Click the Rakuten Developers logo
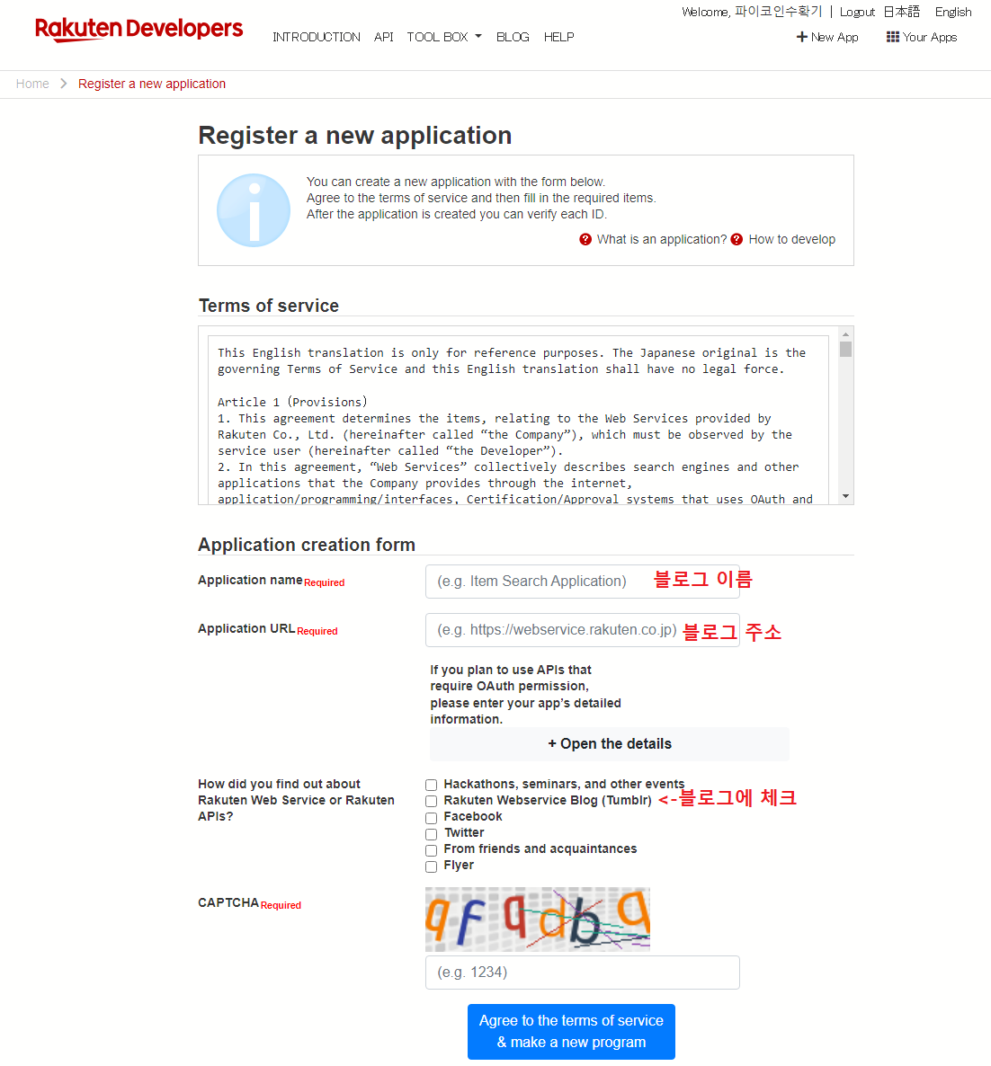pos(138,29)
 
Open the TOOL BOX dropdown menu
pos(443,37)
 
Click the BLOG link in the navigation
pos(513,37)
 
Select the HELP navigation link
pos(558,37)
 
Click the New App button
pos(827,37)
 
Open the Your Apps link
pos(922,37)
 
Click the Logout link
pos(857,12)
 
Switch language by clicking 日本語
pos(901,12)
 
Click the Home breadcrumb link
pos(32,84)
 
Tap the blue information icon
pos(254,210)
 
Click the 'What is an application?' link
pos(661,239)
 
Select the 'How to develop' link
pos(791,239)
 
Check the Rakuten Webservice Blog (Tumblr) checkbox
pos(432,801)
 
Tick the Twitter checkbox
pos(432,833)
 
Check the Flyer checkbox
pos(432,866)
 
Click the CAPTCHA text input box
pos(582,973)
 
